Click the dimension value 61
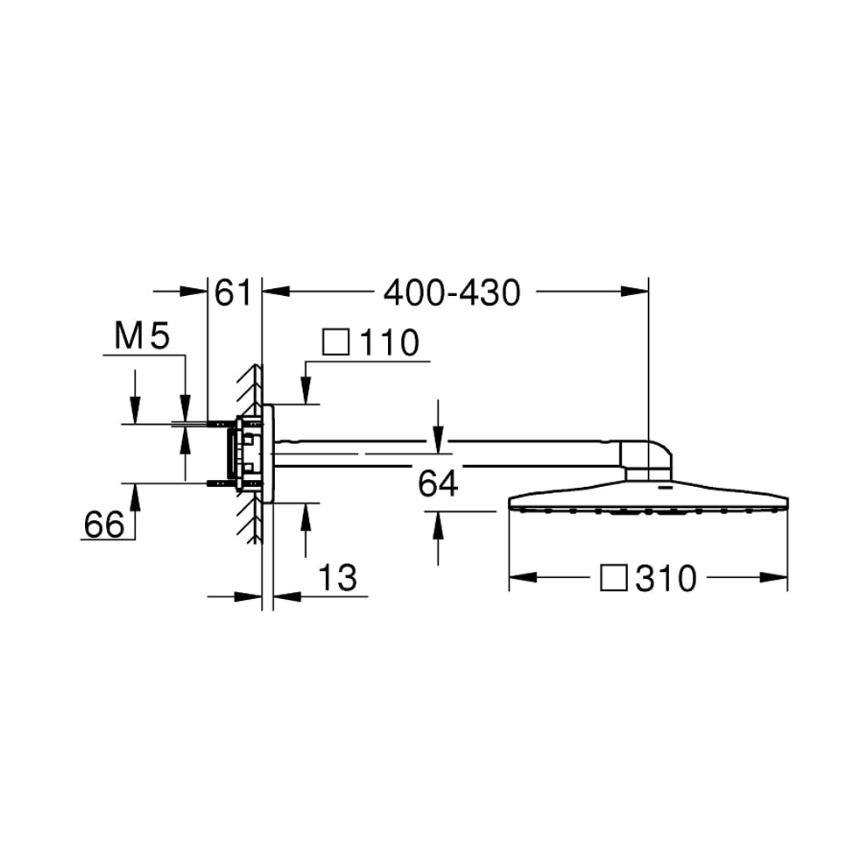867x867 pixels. [x=233, y=293]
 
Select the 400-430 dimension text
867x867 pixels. [x=452, y=293]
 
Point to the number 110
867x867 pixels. [x=389, y=342]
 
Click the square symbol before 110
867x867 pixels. [x=336, y=342]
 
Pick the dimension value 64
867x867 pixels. [x=438, y=483]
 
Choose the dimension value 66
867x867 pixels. [x=104, y=525]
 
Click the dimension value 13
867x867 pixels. [x=338, y=578]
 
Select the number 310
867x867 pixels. [x=666, y=579]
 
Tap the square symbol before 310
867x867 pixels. [x=614, y=578]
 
